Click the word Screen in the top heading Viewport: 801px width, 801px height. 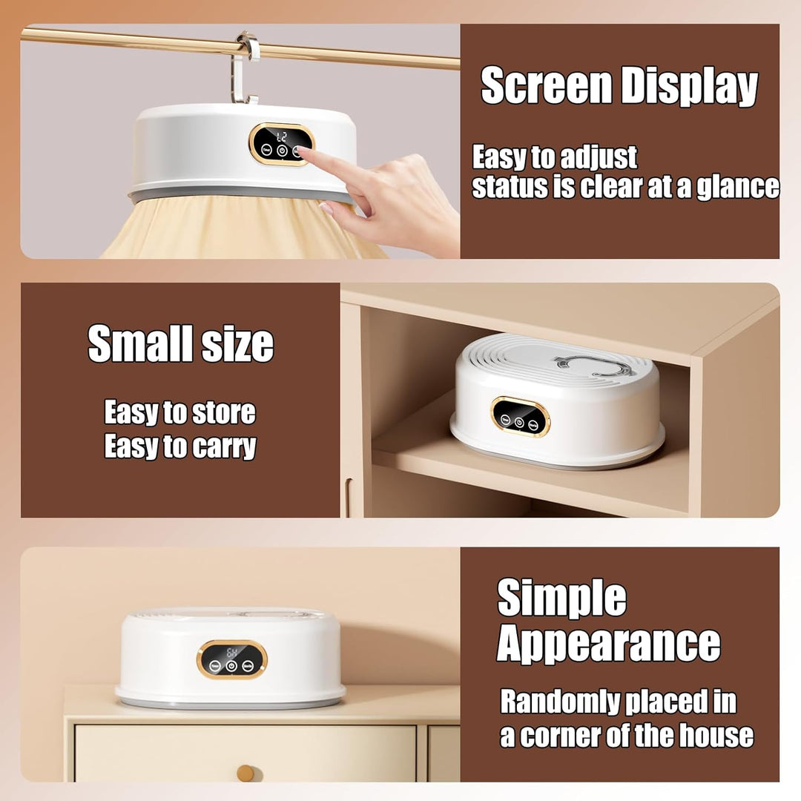[546, 87]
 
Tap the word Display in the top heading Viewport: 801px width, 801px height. [689, 87]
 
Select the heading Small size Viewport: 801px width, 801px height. [180, 344]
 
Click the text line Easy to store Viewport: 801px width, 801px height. [179, 412]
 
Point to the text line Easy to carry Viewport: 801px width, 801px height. [179, 447]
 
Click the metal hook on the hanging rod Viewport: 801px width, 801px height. [248, 67]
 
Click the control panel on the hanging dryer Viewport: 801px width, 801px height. [281, 144]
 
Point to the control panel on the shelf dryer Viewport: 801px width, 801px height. [520, 417]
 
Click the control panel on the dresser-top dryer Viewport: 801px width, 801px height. [232, 659]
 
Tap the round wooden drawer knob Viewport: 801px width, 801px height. [245, 773]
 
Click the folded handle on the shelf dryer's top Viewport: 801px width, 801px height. [590, 364]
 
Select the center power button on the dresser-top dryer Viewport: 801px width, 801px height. [232, 667]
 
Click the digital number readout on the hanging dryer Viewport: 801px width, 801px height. [281, 136]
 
